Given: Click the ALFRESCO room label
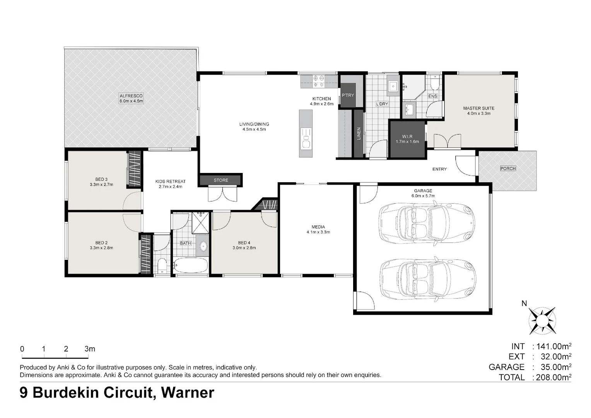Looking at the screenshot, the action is coord(131,96).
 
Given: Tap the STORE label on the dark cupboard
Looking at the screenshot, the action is coord(221,180).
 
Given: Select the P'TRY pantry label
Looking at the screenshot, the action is coord(348,95).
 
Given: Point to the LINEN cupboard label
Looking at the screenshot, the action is coord(359,134).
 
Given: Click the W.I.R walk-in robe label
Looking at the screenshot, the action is coord(407,137).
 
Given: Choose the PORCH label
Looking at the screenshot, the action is coord(508,168).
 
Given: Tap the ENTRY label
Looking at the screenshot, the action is coord(439,169).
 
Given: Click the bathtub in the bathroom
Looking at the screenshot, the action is coord(190,265).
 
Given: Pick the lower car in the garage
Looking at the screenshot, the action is coord(427,280).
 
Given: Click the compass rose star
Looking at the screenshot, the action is coord(542,321).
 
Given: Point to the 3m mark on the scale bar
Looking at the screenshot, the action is coord(90,349).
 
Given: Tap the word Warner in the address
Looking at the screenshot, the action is coord(188,393).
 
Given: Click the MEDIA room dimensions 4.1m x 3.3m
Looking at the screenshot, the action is coord(318,232).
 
